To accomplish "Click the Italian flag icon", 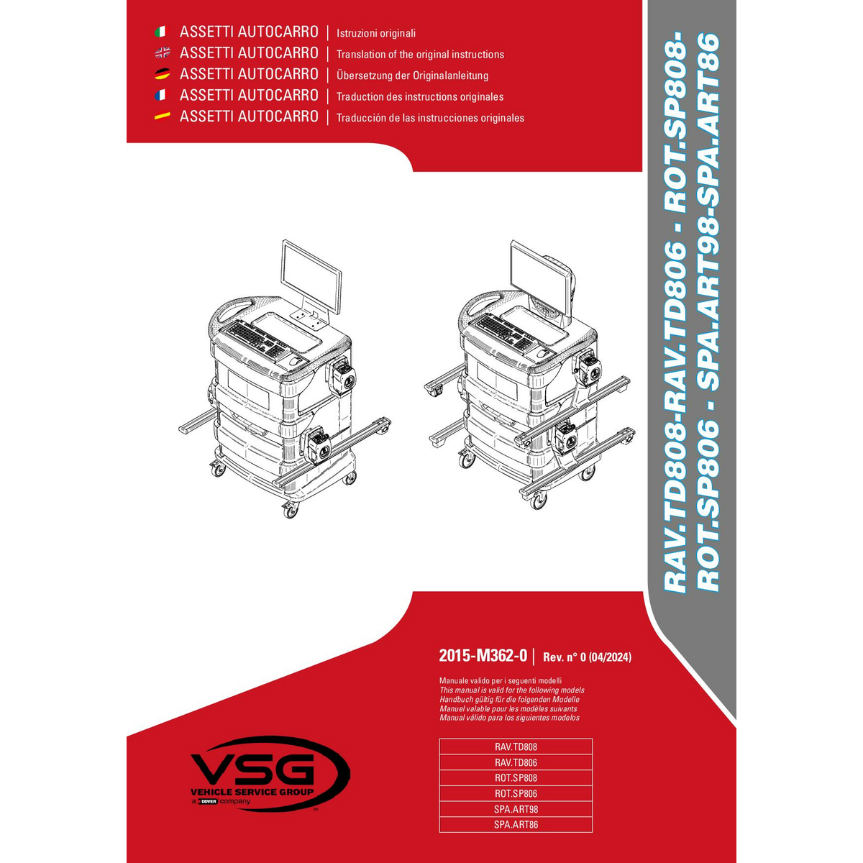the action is click(160, 32).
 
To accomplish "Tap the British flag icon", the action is click(162, 52).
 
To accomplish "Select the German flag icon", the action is click(162, 74).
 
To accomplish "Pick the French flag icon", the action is click(160, 95).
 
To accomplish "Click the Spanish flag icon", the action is click(162, 116).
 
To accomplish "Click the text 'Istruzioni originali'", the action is click(375, 33).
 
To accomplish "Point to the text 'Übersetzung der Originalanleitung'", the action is click(412, 76).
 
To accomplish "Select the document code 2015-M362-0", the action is click(483, 656).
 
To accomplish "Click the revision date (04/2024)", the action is click(610, 657).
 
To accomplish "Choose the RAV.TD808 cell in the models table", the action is click(516, 746).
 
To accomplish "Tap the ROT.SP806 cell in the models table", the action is click(516, 793).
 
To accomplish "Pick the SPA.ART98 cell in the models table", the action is click(516, 809).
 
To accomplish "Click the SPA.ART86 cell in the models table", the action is click(516, 824).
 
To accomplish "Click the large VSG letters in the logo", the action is click(253, 769).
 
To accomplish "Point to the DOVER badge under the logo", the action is click(209, 801).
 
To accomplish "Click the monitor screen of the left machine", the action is click(311, 276).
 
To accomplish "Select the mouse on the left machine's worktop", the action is click(294, 360).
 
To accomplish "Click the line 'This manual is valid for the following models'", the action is click(511, 690).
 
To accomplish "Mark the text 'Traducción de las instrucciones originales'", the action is click(430, 118).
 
